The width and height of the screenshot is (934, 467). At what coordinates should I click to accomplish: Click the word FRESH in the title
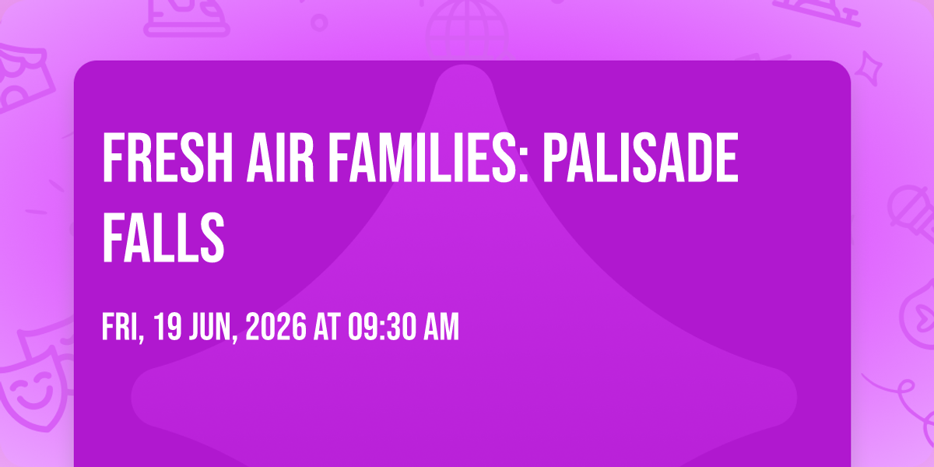(167, 157)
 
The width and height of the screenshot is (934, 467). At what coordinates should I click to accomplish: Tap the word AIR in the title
(280, 157)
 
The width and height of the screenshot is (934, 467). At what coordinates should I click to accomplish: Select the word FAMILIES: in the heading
(428, 157)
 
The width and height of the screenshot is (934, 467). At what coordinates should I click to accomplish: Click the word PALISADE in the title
(641, 157)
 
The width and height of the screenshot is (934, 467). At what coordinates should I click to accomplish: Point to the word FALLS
(163, 237)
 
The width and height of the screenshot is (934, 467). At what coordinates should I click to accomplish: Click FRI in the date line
(123, 328)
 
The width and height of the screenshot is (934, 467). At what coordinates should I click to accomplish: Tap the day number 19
(167, 328)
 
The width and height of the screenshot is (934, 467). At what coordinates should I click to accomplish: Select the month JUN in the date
(213, 328)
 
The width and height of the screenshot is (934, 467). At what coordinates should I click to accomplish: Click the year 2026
(276, 328)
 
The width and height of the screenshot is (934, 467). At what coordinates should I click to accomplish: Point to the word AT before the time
(328, 328)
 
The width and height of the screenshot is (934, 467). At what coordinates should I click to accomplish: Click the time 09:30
(383, 328)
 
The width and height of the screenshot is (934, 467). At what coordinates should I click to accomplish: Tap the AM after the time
(441, 328)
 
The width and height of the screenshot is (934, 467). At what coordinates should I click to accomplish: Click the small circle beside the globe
(319, 23)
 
